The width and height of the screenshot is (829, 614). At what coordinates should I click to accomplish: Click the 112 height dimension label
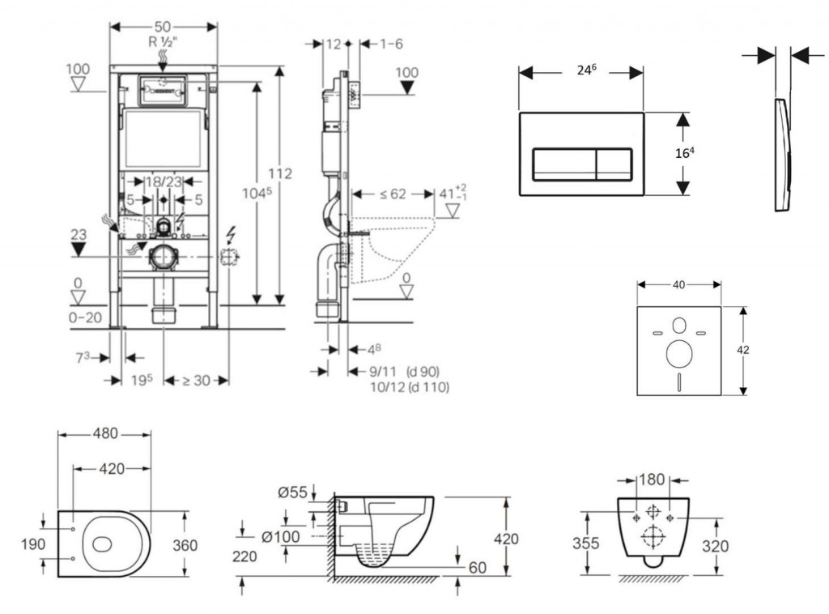(x=279, y=173)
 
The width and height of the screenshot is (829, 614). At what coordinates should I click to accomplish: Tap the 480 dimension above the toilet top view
(x=104, y=433)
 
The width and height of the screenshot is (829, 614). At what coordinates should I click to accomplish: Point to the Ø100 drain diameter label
(x=281, y=535)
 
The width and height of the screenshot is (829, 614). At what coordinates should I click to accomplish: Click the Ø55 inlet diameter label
(x=292, y=492)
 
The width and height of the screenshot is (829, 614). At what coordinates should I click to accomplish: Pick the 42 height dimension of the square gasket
(x=743, y=350)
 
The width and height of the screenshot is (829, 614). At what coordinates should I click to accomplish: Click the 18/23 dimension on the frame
(x=163, y=183)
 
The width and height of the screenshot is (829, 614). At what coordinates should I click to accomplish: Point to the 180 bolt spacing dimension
(x=653, y=480)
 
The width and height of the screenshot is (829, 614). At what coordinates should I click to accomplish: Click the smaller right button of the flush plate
(x=614, y=164)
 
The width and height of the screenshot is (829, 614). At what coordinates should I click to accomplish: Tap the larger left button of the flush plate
(x=563, y=164)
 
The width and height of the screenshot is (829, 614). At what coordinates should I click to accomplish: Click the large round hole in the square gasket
(x=678, y=355)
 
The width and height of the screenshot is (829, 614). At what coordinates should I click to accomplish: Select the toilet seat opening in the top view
(x=106, y=544)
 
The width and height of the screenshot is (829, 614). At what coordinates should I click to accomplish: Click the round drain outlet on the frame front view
(x=163, y=257)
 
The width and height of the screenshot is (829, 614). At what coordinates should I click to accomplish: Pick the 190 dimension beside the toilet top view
(x=32, y=544)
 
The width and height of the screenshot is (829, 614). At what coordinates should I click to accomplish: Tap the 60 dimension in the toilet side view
(x=478, y=568)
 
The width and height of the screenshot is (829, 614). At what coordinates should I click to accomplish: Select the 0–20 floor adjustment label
(x=85, y=318)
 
